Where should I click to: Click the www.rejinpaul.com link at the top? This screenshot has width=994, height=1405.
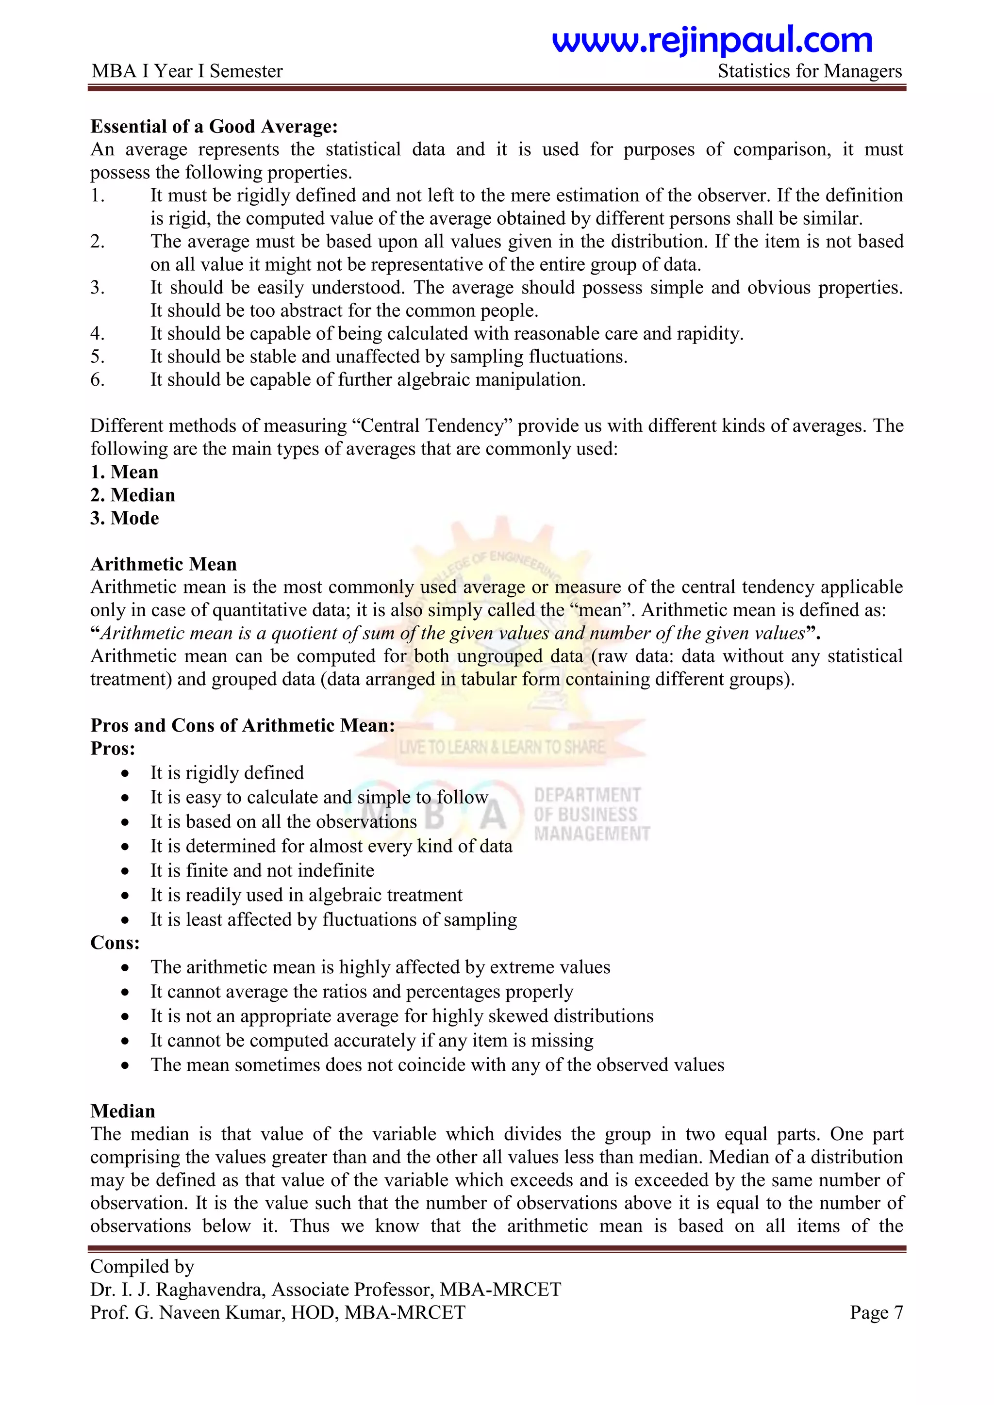click(x=712, y=40)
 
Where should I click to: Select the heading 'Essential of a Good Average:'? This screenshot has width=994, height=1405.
click(x=214, y=126)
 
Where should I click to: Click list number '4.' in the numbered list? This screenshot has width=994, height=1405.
click(x=98, y=333)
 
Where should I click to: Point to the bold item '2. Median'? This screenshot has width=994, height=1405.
click(x=133, y=494)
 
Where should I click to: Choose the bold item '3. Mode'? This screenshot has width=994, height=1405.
click(x=124, y=518)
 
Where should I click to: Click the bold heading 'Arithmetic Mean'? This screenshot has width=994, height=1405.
click(x=164, y=564)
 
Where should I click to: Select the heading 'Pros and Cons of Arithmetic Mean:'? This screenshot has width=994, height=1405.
click(x=242, y=725)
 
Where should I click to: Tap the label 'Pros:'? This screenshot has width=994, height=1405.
click(x=113, y=749)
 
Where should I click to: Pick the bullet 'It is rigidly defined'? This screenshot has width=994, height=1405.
click(x=227, y=773)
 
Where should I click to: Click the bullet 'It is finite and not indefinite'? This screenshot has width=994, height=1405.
click(x=262, y=870)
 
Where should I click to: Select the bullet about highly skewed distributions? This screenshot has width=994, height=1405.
click(x=401, y=1016)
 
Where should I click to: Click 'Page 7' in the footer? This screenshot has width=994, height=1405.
click(x=876, y=1313)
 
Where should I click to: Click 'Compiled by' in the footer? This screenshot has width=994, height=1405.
click(x=142, y=1266)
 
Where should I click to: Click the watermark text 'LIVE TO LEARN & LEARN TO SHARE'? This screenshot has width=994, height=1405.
click(x=501, y=747)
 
